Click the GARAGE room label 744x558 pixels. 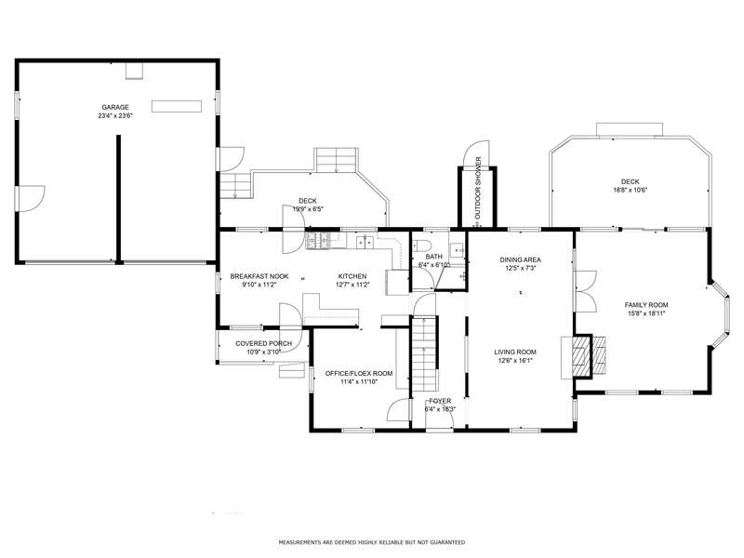115,107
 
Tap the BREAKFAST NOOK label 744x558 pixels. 259,276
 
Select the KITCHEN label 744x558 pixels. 352,276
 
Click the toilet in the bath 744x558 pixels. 421,246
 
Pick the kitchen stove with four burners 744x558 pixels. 318,241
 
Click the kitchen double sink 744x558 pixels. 365,242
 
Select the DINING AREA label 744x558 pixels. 521,259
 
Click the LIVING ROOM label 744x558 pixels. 515,352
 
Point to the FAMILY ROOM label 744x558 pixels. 646,305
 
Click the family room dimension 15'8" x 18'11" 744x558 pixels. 646,313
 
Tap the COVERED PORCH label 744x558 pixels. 264,343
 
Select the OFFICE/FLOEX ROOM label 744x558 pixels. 359,374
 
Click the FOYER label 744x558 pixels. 440,401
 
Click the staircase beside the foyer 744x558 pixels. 424,353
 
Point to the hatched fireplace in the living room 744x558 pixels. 582,356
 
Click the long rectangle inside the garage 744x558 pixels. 177,106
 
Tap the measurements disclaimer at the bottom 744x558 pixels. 371,542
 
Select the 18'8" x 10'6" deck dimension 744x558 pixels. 631,191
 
